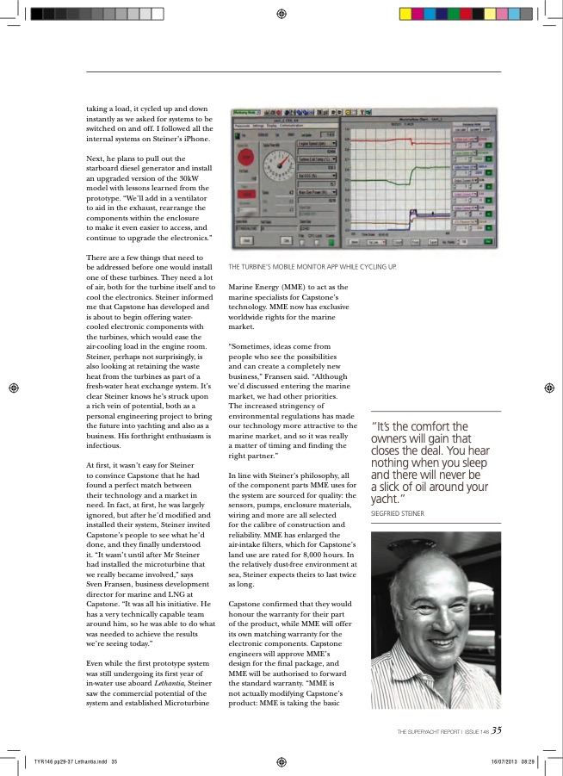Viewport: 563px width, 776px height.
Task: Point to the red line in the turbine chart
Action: pyautogui.click(x=379, y=138)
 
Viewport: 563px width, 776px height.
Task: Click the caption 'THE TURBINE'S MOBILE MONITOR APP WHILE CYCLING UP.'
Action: pyautogui.click(x=312, y=267)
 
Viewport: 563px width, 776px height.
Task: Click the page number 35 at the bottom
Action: pyautogui.click(x=497, y=730)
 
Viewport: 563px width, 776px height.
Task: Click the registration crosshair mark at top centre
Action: pyautogui.click(x=281, y=14)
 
